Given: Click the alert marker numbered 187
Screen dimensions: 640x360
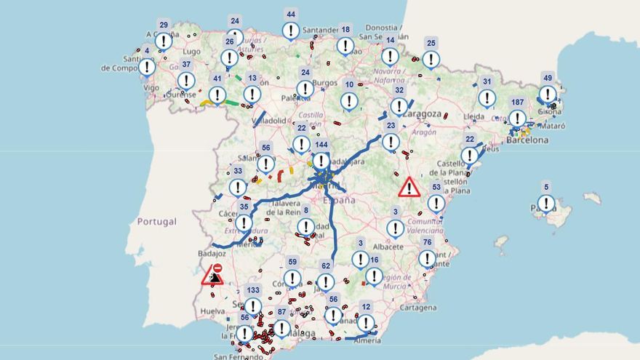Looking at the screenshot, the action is point(517,117).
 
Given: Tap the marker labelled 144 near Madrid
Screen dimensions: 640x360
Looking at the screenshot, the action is point(321,160).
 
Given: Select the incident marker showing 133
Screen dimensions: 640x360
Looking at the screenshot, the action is point(252,305).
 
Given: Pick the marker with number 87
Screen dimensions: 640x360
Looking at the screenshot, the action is point(281,327).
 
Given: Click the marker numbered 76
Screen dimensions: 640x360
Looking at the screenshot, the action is point(427,258).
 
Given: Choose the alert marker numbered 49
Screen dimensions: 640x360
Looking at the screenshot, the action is point(548,94).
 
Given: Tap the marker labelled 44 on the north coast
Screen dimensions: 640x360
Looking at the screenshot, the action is point(291,30).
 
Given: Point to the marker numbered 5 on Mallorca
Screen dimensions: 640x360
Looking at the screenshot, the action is point(546,203).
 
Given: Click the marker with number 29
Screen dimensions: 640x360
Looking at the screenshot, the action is point(164,41).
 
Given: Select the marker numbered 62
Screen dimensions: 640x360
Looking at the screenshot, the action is point(326,281).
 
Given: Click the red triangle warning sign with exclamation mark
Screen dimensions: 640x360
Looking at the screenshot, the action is point(409,188).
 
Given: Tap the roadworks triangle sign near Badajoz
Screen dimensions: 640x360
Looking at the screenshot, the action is point(213,274).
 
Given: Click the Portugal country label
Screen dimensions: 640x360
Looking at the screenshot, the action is point(157,221).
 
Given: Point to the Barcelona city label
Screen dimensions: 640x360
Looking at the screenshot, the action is point(527,140).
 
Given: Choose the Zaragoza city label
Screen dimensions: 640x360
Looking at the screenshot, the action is point(424,114).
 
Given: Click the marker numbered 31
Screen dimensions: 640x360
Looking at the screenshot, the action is point(487,97).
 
